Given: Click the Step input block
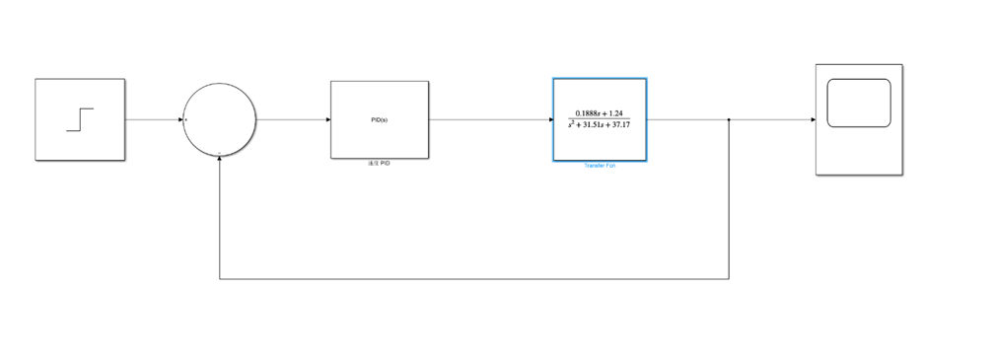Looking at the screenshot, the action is (x=80, y=119).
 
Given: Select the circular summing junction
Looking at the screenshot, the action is (x=219, y=119).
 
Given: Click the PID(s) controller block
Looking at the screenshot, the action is (x=379, y=119).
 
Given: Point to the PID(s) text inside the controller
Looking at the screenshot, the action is (x=379, y=119).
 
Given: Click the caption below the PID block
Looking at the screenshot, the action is (x=379, y=163).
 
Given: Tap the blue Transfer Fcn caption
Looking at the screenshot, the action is (x=600, y=167).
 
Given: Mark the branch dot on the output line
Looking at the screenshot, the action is (x=729, y=119).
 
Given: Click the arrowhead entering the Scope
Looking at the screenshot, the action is (x=812, y=119).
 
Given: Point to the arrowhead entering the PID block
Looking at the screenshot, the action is (x=326, y=119).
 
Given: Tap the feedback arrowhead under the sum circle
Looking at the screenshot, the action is (x=219, y=160).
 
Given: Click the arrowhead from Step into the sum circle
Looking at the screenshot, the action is (x=179, y=119).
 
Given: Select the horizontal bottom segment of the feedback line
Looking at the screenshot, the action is (x=473, y=279).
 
